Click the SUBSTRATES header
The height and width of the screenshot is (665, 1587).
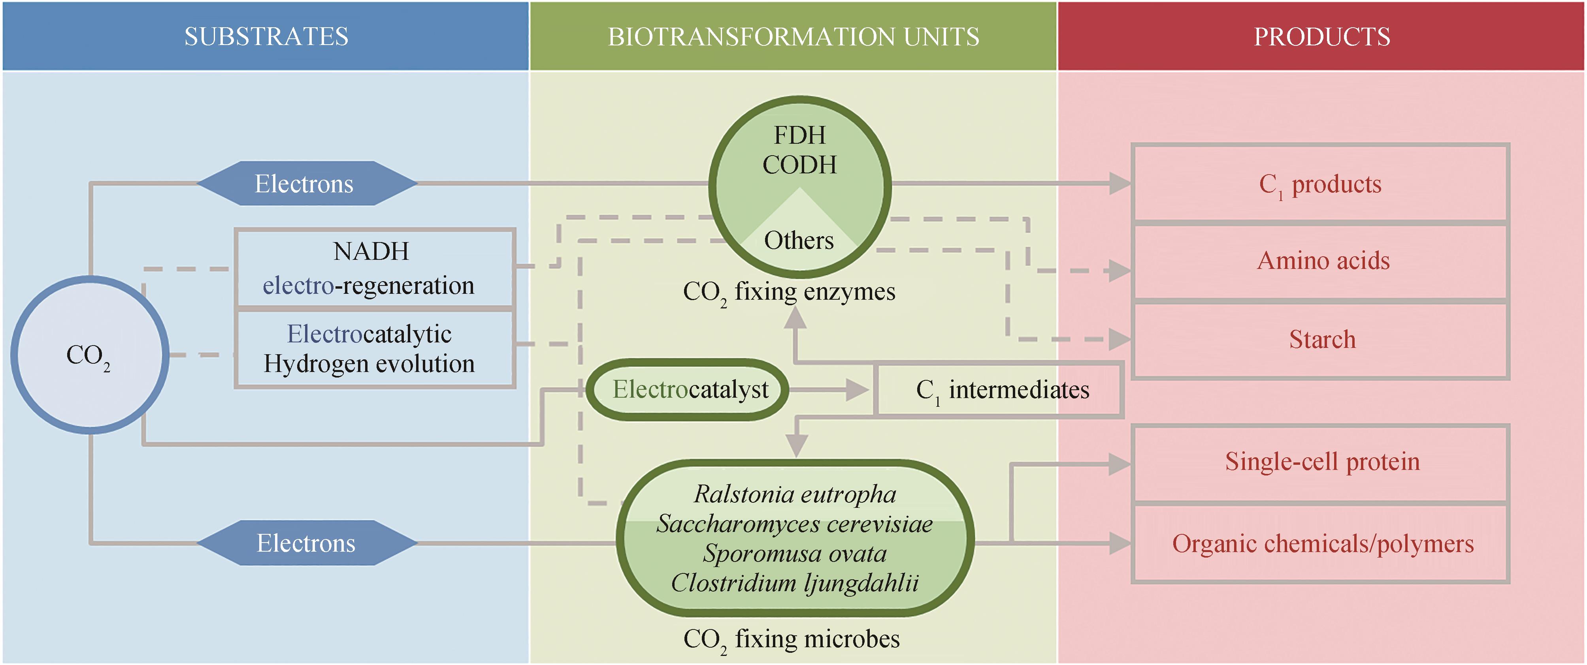click(266, 36)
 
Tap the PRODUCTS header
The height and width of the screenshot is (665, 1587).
click(1321, 36)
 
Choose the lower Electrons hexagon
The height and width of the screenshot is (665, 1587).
click(306, 543)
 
